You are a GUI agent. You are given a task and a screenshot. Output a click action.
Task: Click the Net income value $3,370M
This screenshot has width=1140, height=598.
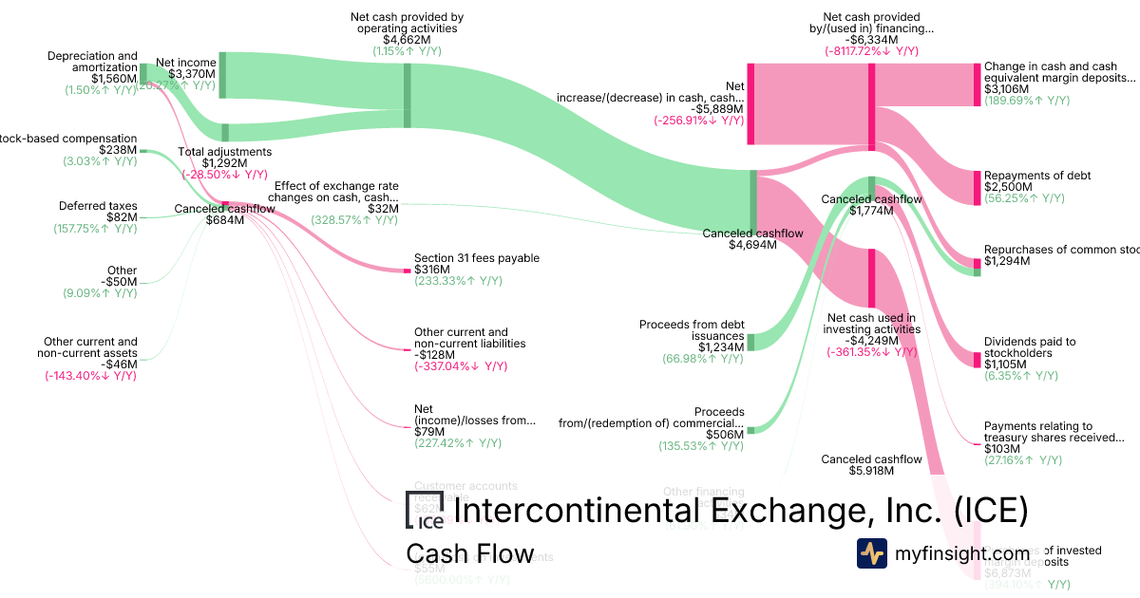coord(192,74)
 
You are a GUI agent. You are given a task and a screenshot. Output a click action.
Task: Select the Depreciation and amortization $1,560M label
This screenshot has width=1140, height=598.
coord(92,67)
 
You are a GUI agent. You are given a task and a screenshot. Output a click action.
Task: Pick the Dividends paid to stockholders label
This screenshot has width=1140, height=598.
coord(1030,348)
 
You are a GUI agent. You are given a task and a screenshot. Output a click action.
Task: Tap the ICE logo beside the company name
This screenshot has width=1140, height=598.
coord(424,510)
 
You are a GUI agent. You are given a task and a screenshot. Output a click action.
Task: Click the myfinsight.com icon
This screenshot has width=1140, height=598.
coord(871,553)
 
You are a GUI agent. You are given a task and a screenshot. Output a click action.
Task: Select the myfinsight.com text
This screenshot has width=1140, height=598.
coord(961,553)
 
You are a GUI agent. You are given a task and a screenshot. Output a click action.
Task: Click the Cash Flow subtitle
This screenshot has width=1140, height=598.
coord(469,553)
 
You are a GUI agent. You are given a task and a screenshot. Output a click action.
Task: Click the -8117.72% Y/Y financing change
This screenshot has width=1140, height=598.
coord(871,52)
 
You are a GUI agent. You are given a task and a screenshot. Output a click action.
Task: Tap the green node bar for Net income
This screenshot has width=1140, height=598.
coord(222,75)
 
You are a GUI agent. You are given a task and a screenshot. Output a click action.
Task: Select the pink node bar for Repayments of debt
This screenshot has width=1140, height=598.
coord(976,188)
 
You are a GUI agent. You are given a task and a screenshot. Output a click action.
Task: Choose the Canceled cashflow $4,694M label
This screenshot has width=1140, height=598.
coord(752,238)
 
